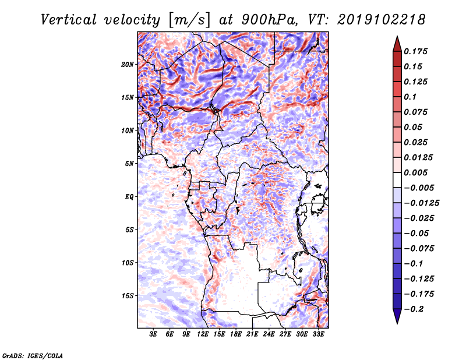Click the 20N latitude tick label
(x=127, y=64)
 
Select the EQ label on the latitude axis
(x=129, y=196)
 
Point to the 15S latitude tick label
(x=127, y=295)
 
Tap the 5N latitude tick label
(x=129, y=163)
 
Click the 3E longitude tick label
(x=153, y=334)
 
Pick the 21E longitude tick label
(x=252, y=334)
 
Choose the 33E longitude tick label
(x=319, y=334)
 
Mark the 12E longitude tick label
(x=203, y=334)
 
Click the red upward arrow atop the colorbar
(x=396, y=43)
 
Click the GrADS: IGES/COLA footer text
(x=33, y=355)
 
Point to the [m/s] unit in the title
(x=189, y=19)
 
